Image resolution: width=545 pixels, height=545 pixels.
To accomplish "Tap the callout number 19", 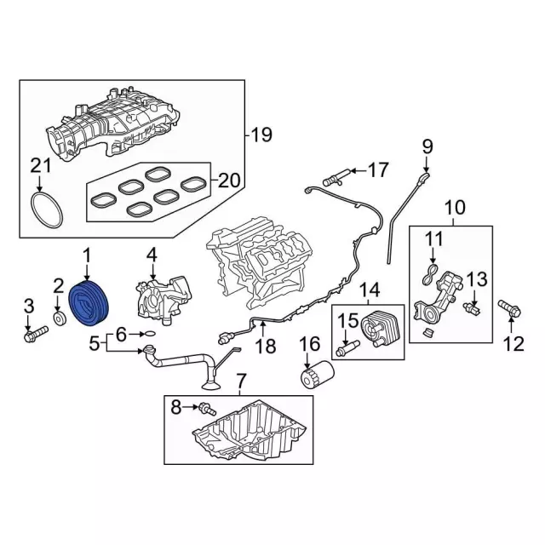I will tap(260, 134).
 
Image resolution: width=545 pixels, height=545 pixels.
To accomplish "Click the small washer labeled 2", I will tap(60, 319).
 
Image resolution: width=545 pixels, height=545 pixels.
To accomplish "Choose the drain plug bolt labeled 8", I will tap(206, 410).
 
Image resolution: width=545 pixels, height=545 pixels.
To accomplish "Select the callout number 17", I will tap(377, 169).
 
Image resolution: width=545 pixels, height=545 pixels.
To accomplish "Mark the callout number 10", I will tap(455, 205).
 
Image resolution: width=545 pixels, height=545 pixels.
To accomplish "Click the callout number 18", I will tap(267, 347).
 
